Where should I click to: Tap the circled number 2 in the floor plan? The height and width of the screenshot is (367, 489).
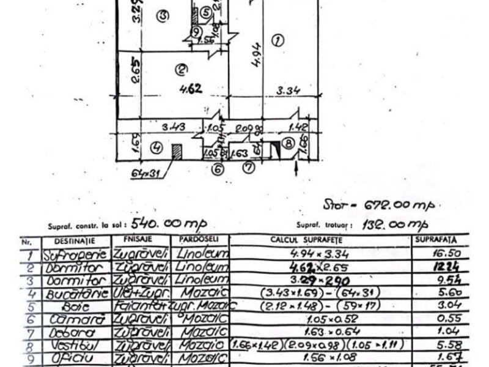tap(180, 68)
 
